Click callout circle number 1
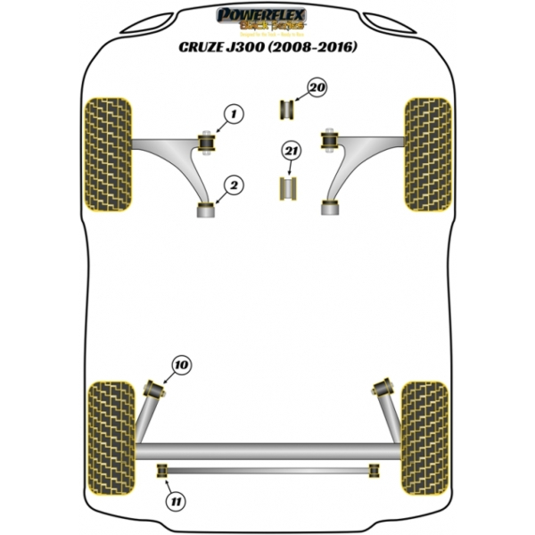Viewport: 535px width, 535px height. [235, 114]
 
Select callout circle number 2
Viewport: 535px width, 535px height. [235, 185]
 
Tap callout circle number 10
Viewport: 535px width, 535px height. [182, 366]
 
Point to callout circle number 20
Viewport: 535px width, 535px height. [317, 87]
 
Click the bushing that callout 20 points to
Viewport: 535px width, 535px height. [288, 110]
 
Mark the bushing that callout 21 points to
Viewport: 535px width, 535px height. [288, 189]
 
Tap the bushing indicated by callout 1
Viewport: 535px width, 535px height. [208, 140]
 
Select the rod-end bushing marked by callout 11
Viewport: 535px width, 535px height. [162, 470]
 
